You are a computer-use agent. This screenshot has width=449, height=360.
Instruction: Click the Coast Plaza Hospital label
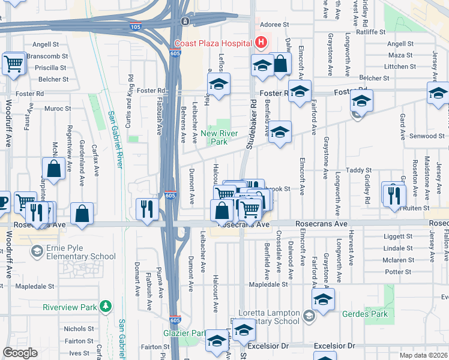click(x=212, y=43)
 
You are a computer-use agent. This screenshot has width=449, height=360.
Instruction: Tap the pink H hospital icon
click(x=261, y=43)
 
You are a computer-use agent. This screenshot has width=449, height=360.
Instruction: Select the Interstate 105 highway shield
click(x=136, y=27)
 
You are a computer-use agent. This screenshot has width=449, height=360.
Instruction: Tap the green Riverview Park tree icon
click(x=106, y=307)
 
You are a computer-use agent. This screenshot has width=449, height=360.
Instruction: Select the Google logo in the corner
click(x=20, y=353)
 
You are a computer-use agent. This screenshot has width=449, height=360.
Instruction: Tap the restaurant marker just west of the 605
click(x=147, y=210)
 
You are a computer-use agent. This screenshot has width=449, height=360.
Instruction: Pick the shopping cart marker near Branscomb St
click(x=13, y=63)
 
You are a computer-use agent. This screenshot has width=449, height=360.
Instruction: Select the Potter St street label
click(x=399, y=272)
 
